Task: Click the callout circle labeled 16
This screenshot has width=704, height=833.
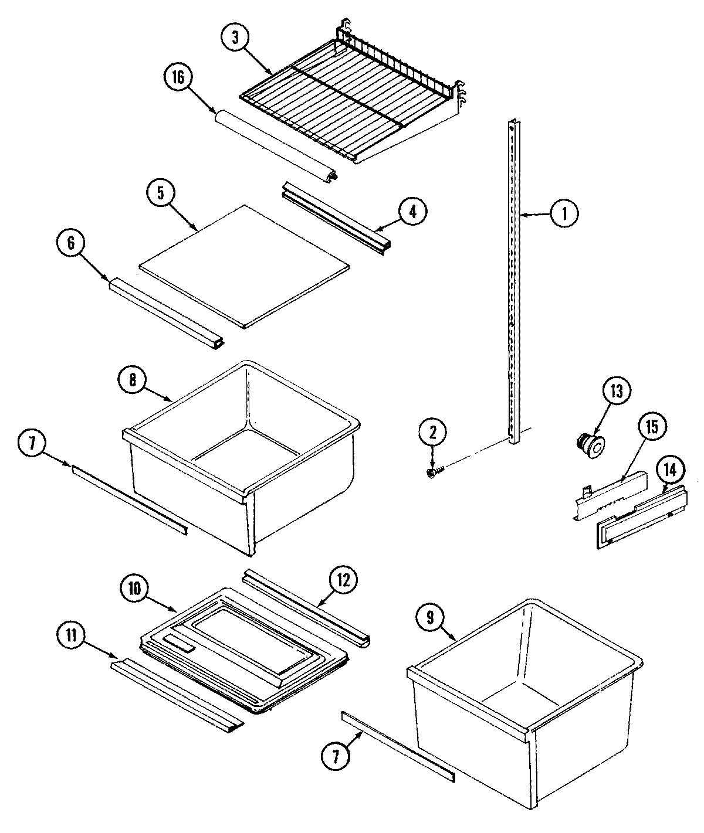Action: click(178, 78)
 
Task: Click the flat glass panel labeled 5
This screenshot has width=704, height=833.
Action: click(243, 266)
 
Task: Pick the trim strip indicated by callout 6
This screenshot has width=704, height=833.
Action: click(164, 314)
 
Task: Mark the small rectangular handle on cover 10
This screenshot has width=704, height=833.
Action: click(178, 645)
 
